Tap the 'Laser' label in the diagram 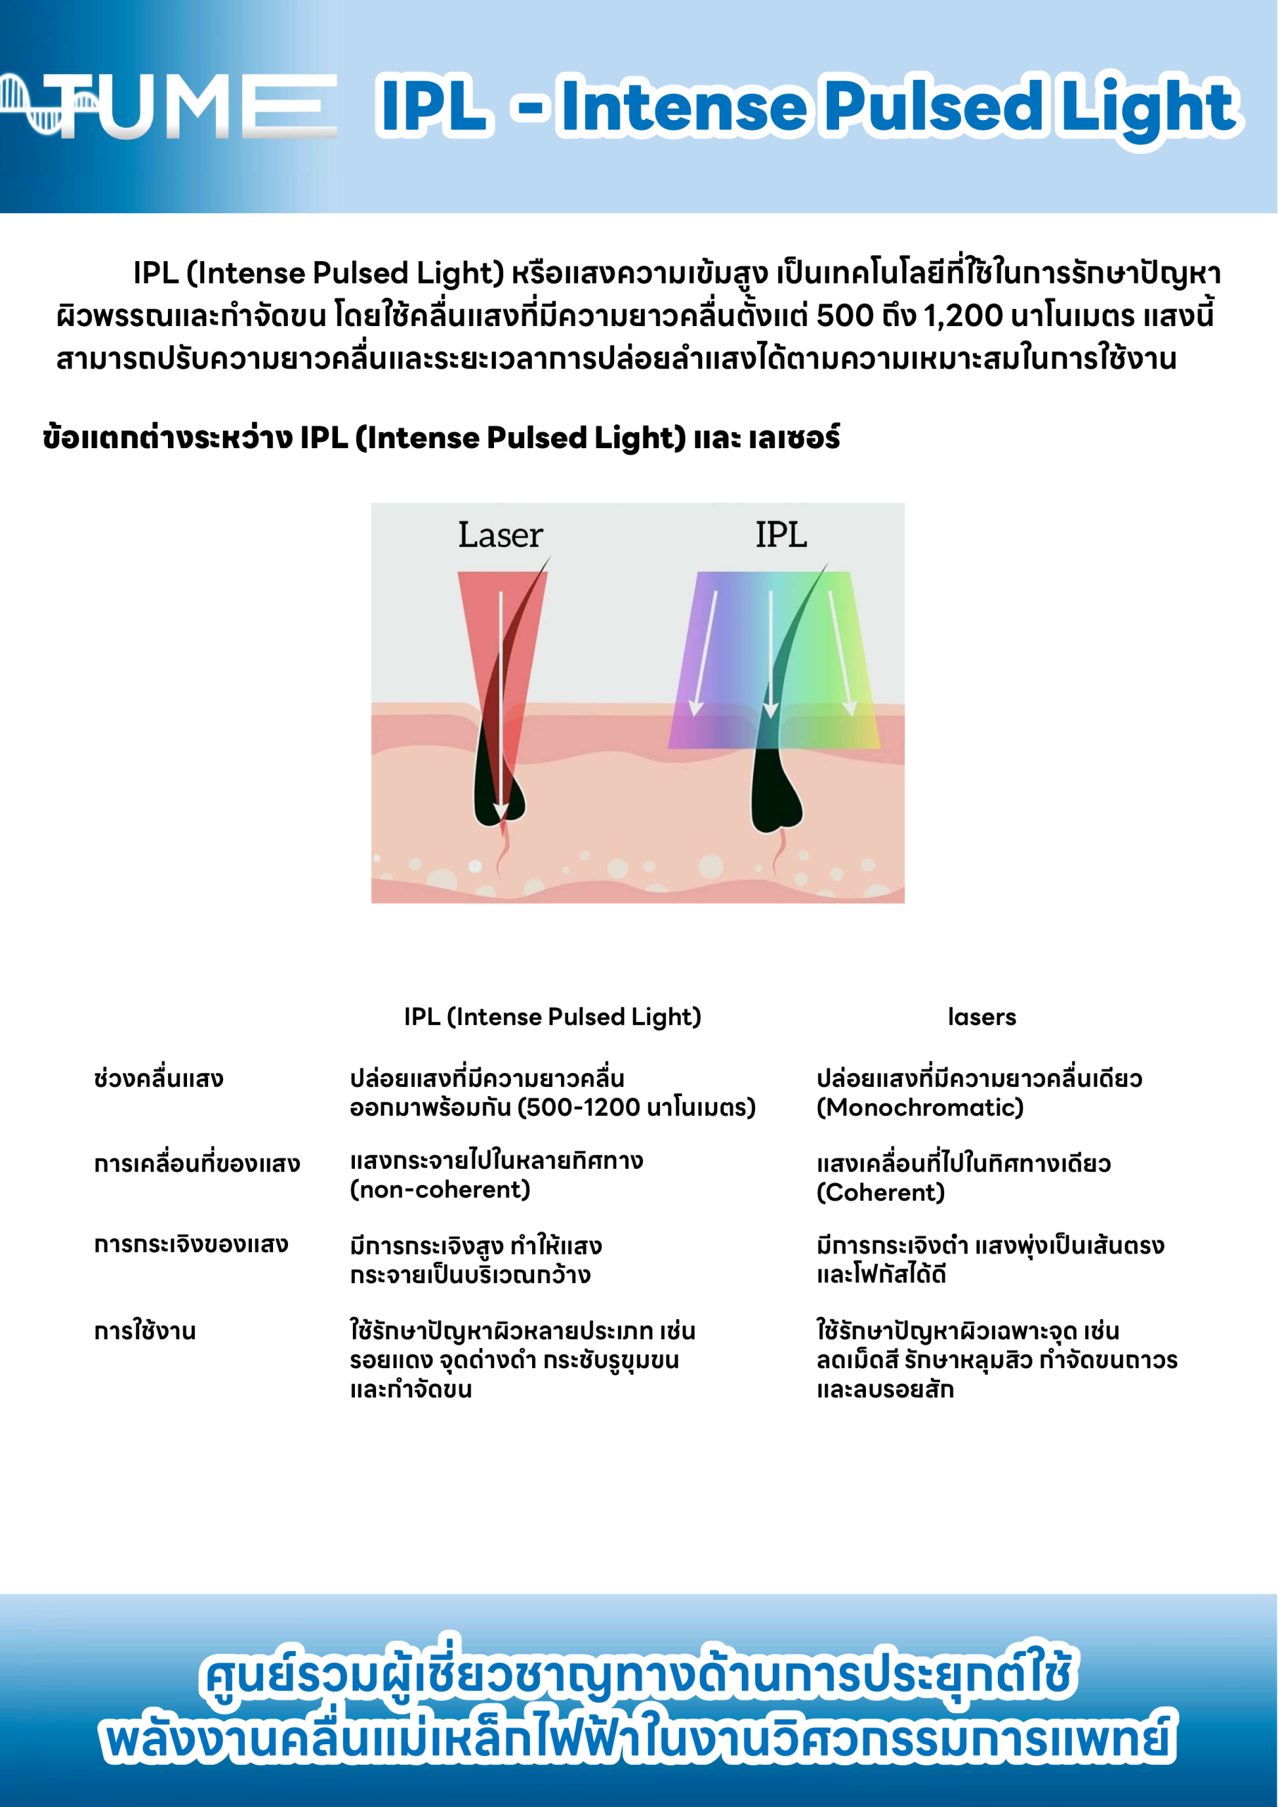(500, 535)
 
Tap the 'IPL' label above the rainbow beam (781, 535)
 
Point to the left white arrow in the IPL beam (705, 653)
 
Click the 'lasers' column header (982, 1017)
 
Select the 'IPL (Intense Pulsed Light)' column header (553, 1017)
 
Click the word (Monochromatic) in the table (920, 1107)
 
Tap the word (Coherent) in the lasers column (881, 1192)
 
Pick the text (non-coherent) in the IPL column (440, 1189)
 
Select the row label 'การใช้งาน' (145, 1330)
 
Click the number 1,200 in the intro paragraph (963, 316)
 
